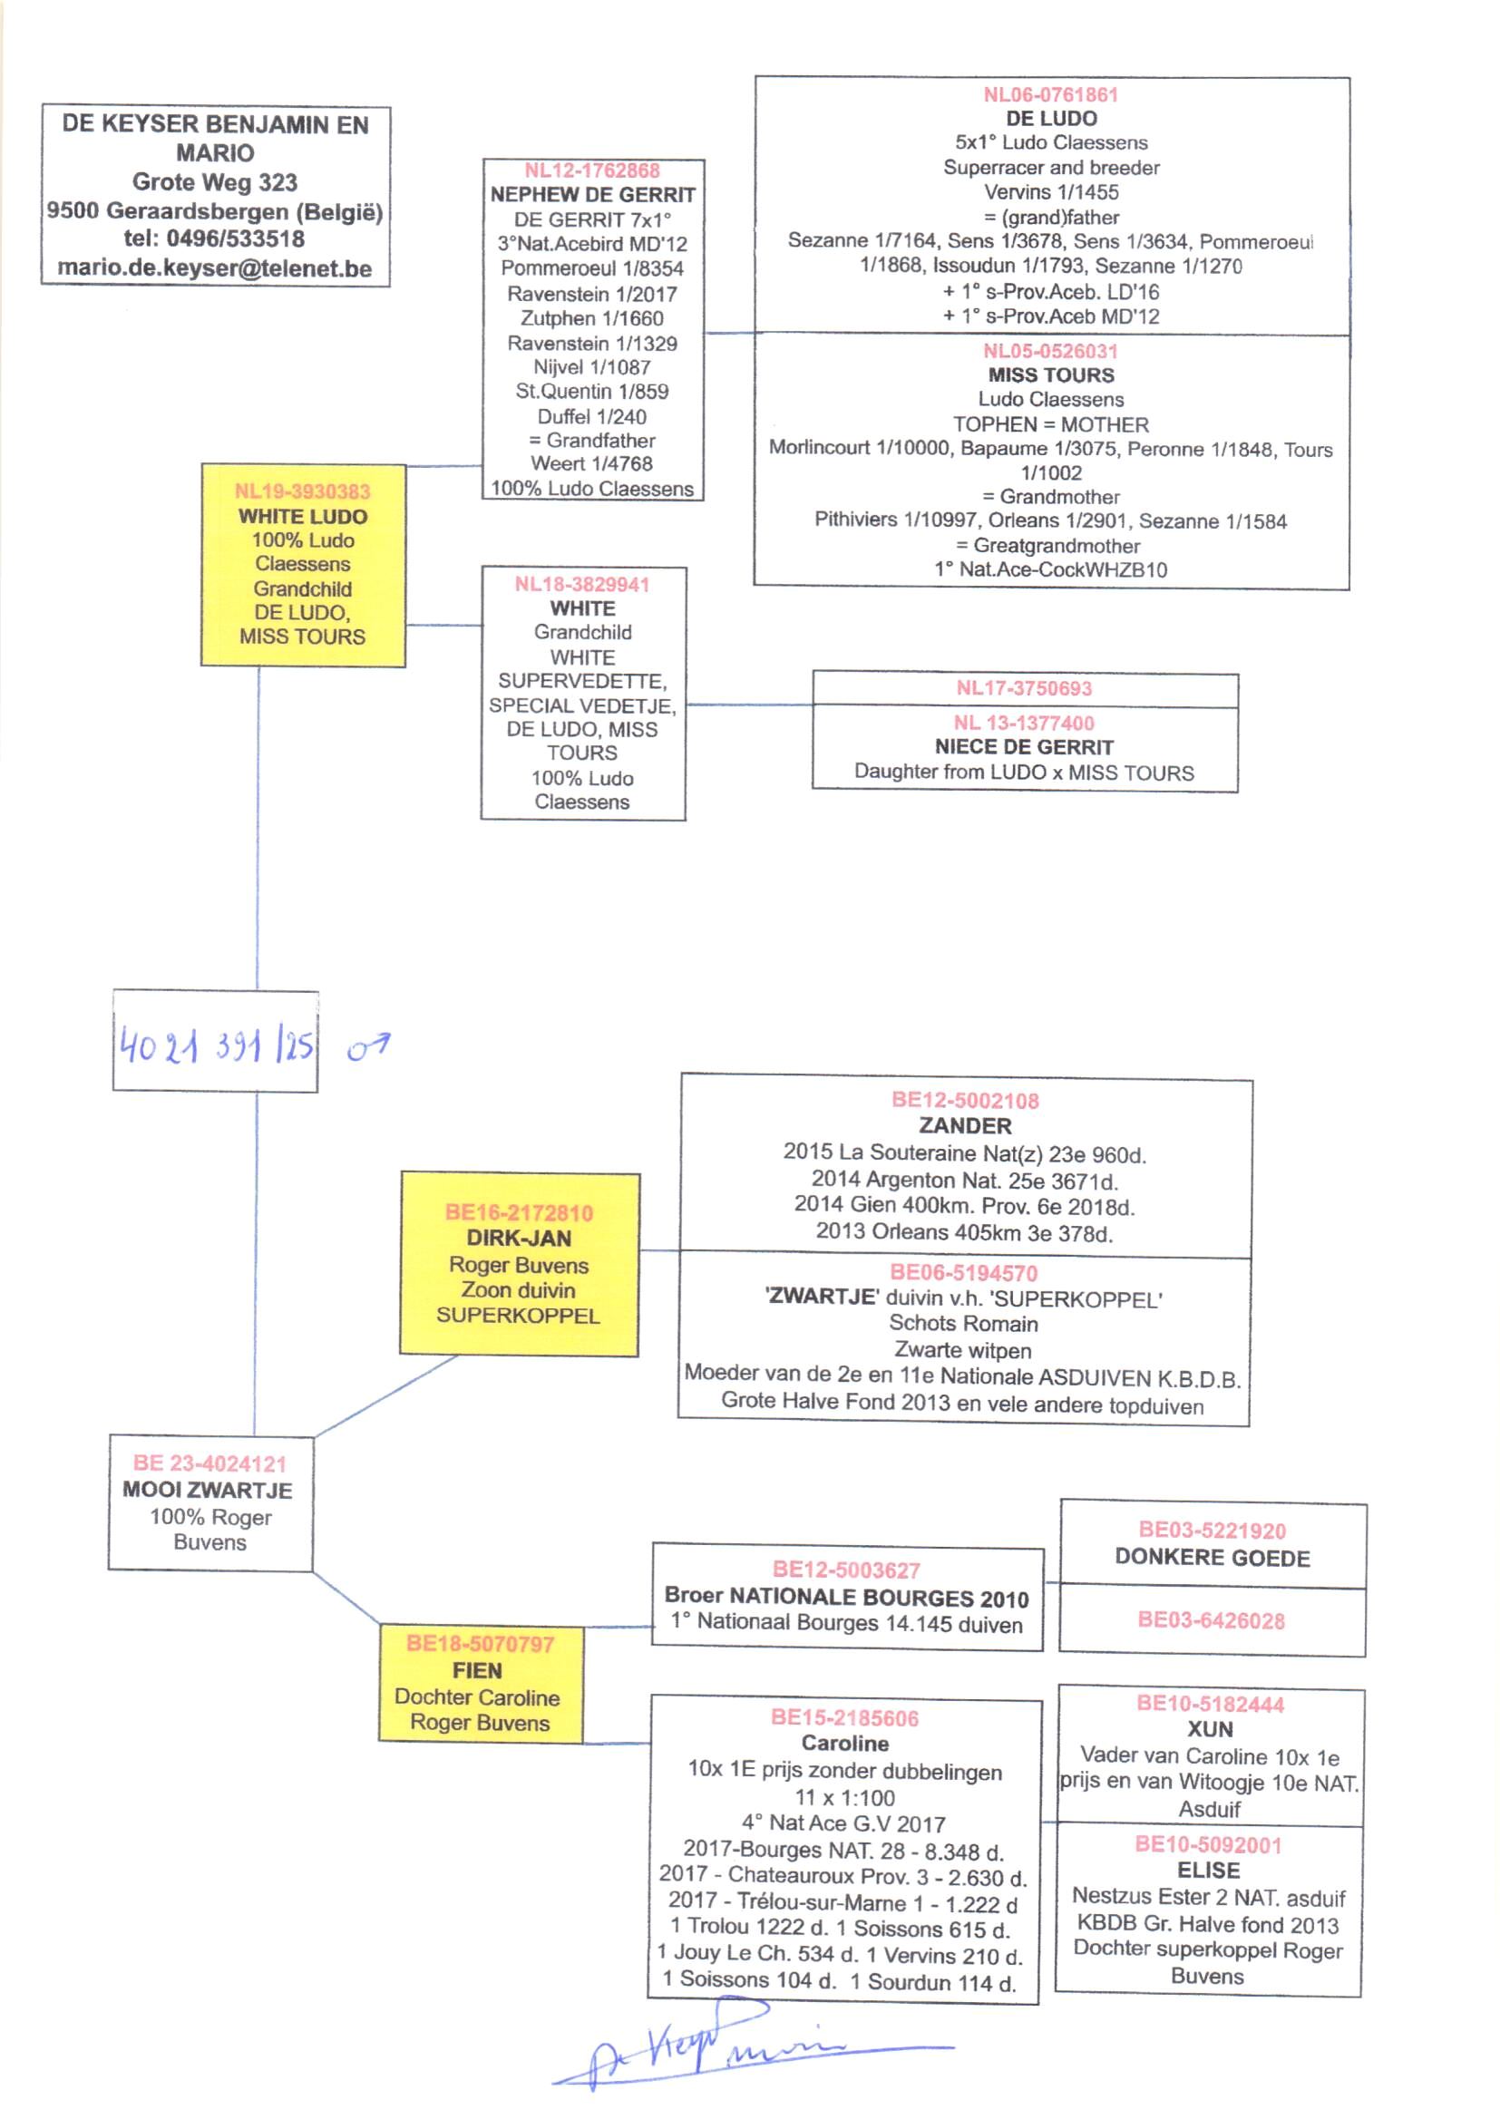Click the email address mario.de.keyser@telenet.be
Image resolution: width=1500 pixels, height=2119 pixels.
[x=214, y=268]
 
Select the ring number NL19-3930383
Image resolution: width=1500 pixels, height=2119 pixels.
[x=302, y=491]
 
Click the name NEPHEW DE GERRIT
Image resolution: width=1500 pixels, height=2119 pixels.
[x=592, y=195]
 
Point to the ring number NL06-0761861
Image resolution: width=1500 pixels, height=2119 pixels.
[x=1050, y=95]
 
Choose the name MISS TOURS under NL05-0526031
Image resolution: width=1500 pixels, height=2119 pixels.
[x=1051, y=374]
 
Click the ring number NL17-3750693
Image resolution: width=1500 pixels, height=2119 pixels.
[x=1023, y=688]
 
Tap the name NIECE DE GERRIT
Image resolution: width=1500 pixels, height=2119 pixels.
[x=1023, y=747]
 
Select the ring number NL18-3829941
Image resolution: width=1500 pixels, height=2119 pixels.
[x=582, y=585]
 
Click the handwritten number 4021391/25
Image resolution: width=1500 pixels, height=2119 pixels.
[x=216, y=1046]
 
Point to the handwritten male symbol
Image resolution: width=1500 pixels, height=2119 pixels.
[x=368, y=1047]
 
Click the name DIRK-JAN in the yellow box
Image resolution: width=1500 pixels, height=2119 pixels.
[x=518, y=1239]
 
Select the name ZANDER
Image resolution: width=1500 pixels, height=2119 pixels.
[x=965, y=1125]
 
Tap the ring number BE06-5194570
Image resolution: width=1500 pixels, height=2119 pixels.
[x=963, y=1273]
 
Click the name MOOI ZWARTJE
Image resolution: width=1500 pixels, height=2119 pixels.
[x=209, y=1491]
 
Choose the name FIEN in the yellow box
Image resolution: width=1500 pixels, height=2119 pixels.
[x=478, y=1670]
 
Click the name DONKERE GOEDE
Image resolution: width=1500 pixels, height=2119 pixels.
[x=1212, y=1558]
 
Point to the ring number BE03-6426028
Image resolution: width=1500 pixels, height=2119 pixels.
[x=1211, y=1619]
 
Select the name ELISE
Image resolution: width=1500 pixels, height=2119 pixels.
[x=1208, y=1871]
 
